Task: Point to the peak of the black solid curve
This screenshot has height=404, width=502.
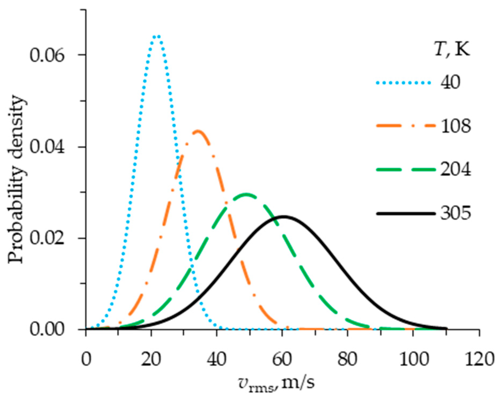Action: point(284,216)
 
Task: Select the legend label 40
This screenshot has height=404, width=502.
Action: point(450,82)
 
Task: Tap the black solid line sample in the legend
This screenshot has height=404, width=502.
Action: point(405,214)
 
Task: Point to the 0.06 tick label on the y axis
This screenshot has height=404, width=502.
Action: point(47,56)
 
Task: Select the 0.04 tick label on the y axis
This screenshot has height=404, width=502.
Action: point(47,147)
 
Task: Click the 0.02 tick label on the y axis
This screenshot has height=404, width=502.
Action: point(47,238)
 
